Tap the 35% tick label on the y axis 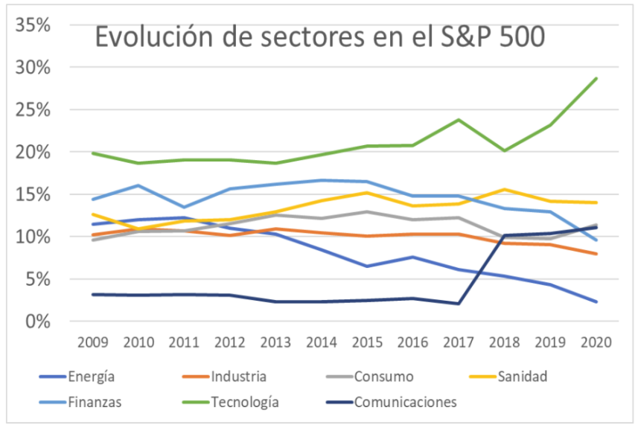[x=31, y=25]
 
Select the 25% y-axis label [x=31, y=109]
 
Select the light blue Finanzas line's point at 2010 [x=139, y=185]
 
